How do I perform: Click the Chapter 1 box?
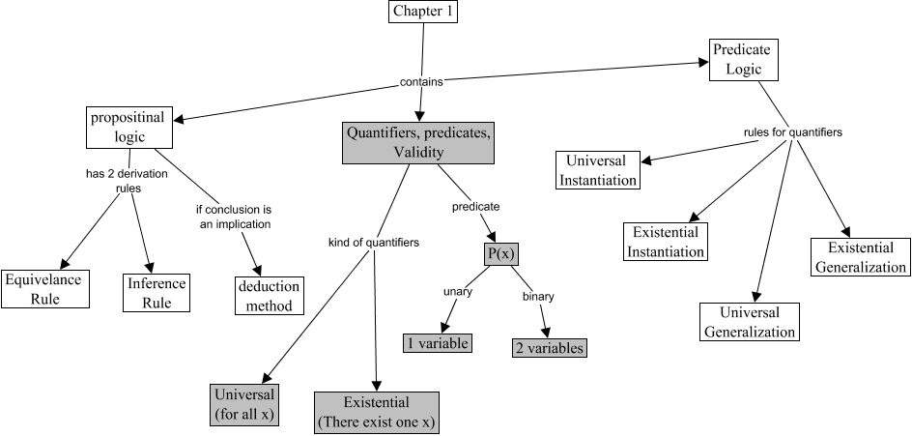(x=423, y=13)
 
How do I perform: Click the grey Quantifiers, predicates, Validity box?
(x=417, y=142)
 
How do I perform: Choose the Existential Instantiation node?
(x=667, y=242)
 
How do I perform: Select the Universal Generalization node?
(x=750, y=322)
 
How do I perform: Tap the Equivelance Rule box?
(x=45, y=289)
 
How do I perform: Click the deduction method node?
(x=270, y=297)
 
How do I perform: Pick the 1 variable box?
(x=438, y=343)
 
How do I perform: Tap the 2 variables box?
(x=549, y=348)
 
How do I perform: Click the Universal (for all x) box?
(x=243, y=405)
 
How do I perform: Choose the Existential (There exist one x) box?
(x=376, y=412)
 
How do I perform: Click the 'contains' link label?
(x=421, y=82)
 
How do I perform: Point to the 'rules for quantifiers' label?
(x=791, y=131)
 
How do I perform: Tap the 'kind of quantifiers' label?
(x=373, y=243)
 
